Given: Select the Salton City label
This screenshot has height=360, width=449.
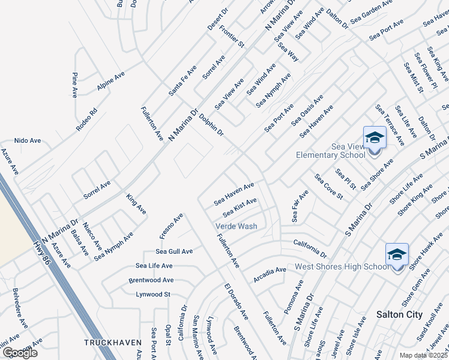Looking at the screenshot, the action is [x=399, y=314].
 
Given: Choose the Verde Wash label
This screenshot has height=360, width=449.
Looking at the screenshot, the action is [x=237, y=226].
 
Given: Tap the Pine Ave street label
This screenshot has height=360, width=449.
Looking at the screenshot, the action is [x=75, y=85].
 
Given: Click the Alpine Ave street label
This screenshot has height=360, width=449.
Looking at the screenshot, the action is [x=110, y=82].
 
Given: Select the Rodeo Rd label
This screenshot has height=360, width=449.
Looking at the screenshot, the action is [x=86, y=120].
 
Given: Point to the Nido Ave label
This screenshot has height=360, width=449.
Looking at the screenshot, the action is [x=28, y=140].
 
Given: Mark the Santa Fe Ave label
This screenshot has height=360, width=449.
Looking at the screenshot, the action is [x=182, y=80].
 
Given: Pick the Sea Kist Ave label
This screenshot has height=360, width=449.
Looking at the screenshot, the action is [x=240, y=208].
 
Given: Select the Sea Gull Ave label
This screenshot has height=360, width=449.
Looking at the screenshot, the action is [x=174, y=251].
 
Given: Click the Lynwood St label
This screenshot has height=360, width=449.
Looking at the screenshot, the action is [x=153, y=295].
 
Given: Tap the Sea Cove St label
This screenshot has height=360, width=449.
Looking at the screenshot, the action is [x=329, y=187].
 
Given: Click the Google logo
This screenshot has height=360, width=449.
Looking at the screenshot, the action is [x=20, y=353].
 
